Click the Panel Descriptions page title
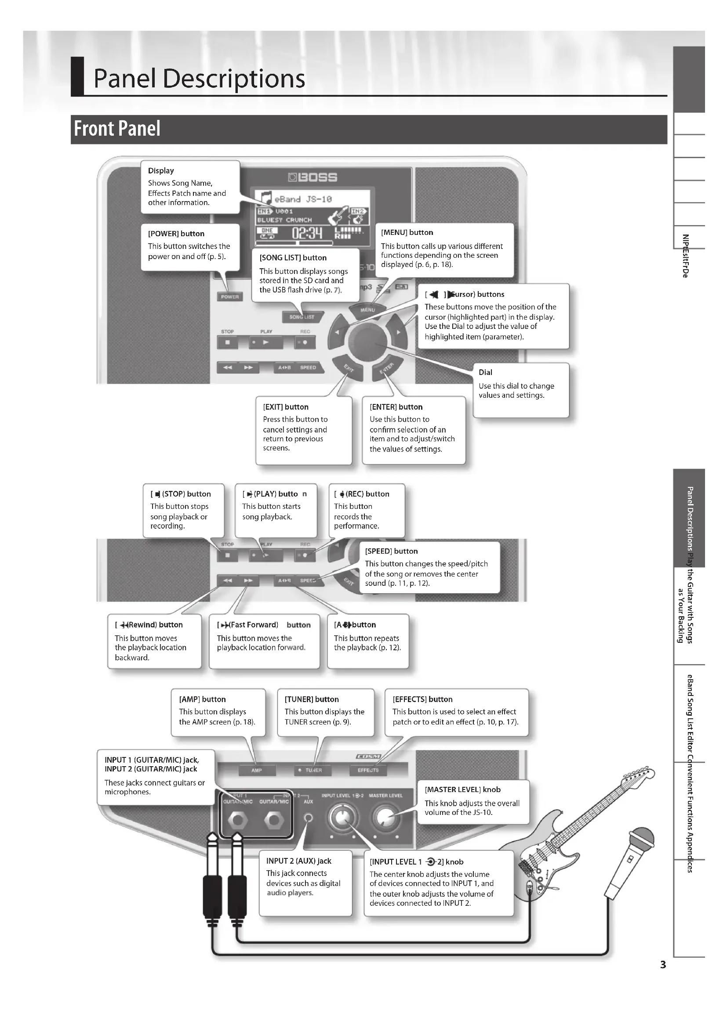[199, 78]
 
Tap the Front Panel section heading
[117, 129]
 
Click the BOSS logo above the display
[313, 177]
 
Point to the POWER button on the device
[229, 296]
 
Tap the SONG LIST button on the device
[302, 317]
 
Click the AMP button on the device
[257, 770]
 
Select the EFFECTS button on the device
[368, 770]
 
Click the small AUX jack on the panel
[308, 817]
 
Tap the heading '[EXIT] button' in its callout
[286, 407]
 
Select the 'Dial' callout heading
[485, 372]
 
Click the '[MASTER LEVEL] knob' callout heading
[462, 789]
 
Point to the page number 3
[663, 965]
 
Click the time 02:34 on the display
[307, 233]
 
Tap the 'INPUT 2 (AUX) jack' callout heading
[298, 861]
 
